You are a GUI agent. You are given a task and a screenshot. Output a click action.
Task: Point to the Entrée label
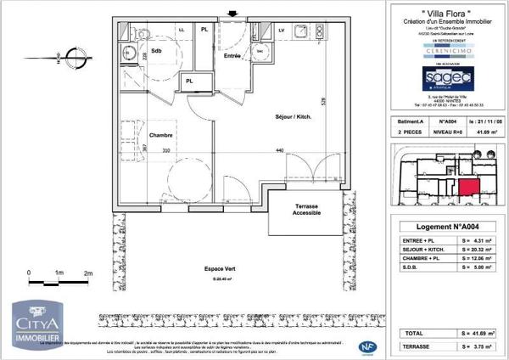click(233, 55)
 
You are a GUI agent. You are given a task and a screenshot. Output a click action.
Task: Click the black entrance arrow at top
click(234, 13)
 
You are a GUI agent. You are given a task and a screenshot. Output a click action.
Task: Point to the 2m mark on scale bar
click(87, 273)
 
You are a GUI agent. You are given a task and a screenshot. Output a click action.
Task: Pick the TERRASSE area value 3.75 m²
click(485, 347)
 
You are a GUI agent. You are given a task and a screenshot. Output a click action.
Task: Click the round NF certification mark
click(367, 346)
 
